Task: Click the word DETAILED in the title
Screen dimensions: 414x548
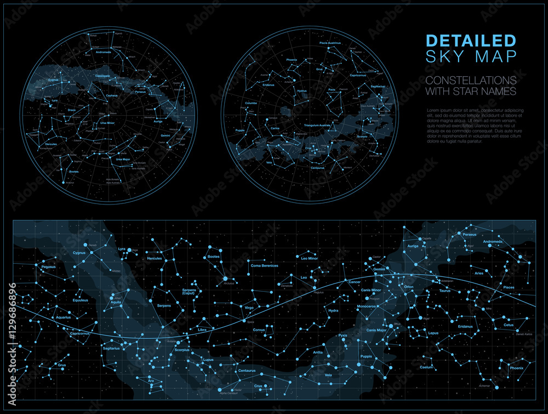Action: pyautogui.click(x=471, y=41)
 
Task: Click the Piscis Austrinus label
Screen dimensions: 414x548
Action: pyautogui.click(x=330, y=43)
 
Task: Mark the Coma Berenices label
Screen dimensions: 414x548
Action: pyautogui.click(x=265, y=266)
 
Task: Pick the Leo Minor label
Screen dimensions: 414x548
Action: pyautogui.click(x=310, y=258)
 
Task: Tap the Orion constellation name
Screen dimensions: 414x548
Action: pyautogui.click(x=409, y=287)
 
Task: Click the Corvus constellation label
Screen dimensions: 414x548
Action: pyautogui.click(x=259, y=330)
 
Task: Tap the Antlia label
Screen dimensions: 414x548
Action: pyautogui.click(x=318, y=353)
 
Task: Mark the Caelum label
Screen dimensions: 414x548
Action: pyautogui.click(x=426, y=367)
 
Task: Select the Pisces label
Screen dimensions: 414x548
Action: pyautogui.click(x=509, y=287)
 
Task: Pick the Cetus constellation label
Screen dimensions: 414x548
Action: pyautogui.click(x=509, y=325)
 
